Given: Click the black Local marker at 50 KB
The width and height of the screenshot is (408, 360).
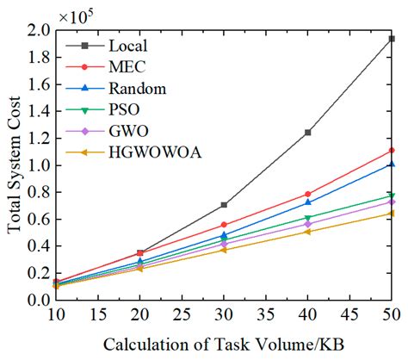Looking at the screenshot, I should tap(392, 39).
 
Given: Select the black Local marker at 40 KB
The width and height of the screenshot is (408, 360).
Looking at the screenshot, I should tap(307, 133).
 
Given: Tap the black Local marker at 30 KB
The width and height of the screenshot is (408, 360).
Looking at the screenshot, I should tap(224, 205).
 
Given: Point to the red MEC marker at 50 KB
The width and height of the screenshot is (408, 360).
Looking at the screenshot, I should tap(392, 151).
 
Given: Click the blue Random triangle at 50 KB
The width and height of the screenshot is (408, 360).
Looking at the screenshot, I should tap(392, 164).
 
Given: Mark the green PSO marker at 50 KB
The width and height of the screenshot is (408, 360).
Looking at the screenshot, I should tap(392, 196).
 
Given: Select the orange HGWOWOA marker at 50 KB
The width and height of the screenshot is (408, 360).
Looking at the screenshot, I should tap(392, 213).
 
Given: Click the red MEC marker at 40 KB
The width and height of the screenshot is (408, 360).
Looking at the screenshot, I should tap(307, 195).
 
